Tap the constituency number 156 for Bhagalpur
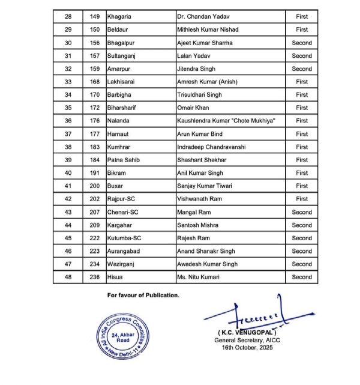coord(95,43)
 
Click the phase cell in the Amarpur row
coord(302,69)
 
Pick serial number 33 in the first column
coord(68,82)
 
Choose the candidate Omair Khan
coord(193,108)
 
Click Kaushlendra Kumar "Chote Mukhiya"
coord(226,121)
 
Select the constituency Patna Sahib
coord(124,160)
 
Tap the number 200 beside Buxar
coord(95,186)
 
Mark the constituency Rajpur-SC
coord(124,199)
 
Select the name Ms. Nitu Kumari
coord(198,277)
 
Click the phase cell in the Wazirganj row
coord(302,264)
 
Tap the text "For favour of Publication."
coord(143,295)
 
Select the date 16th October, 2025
coord(243,348)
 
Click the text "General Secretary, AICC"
coord(243,340)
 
